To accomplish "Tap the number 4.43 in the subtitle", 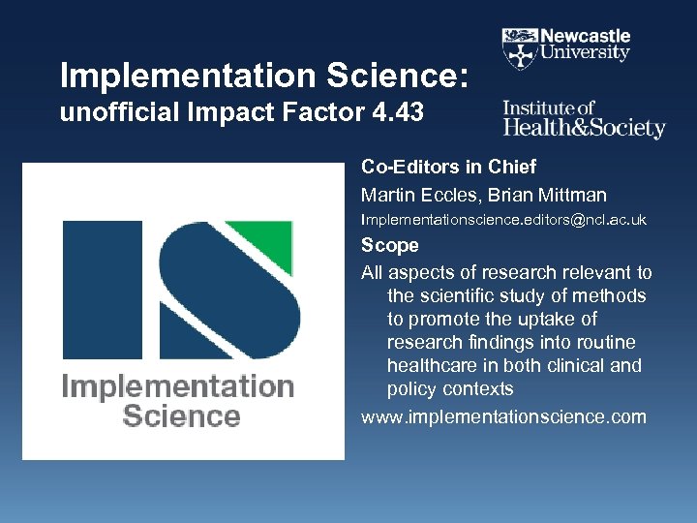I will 398,113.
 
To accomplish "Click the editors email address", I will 503,221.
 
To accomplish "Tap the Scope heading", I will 390,245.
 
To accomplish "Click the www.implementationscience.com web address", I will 503,417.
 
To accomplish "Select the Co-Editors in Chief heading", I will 448,167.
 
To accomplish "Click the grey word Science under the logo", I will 181,416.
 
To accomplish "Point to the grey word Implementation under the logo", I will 178,387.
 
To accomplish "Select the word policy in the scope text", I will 413,389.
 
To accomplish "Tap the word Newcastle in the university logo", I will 587,35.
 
